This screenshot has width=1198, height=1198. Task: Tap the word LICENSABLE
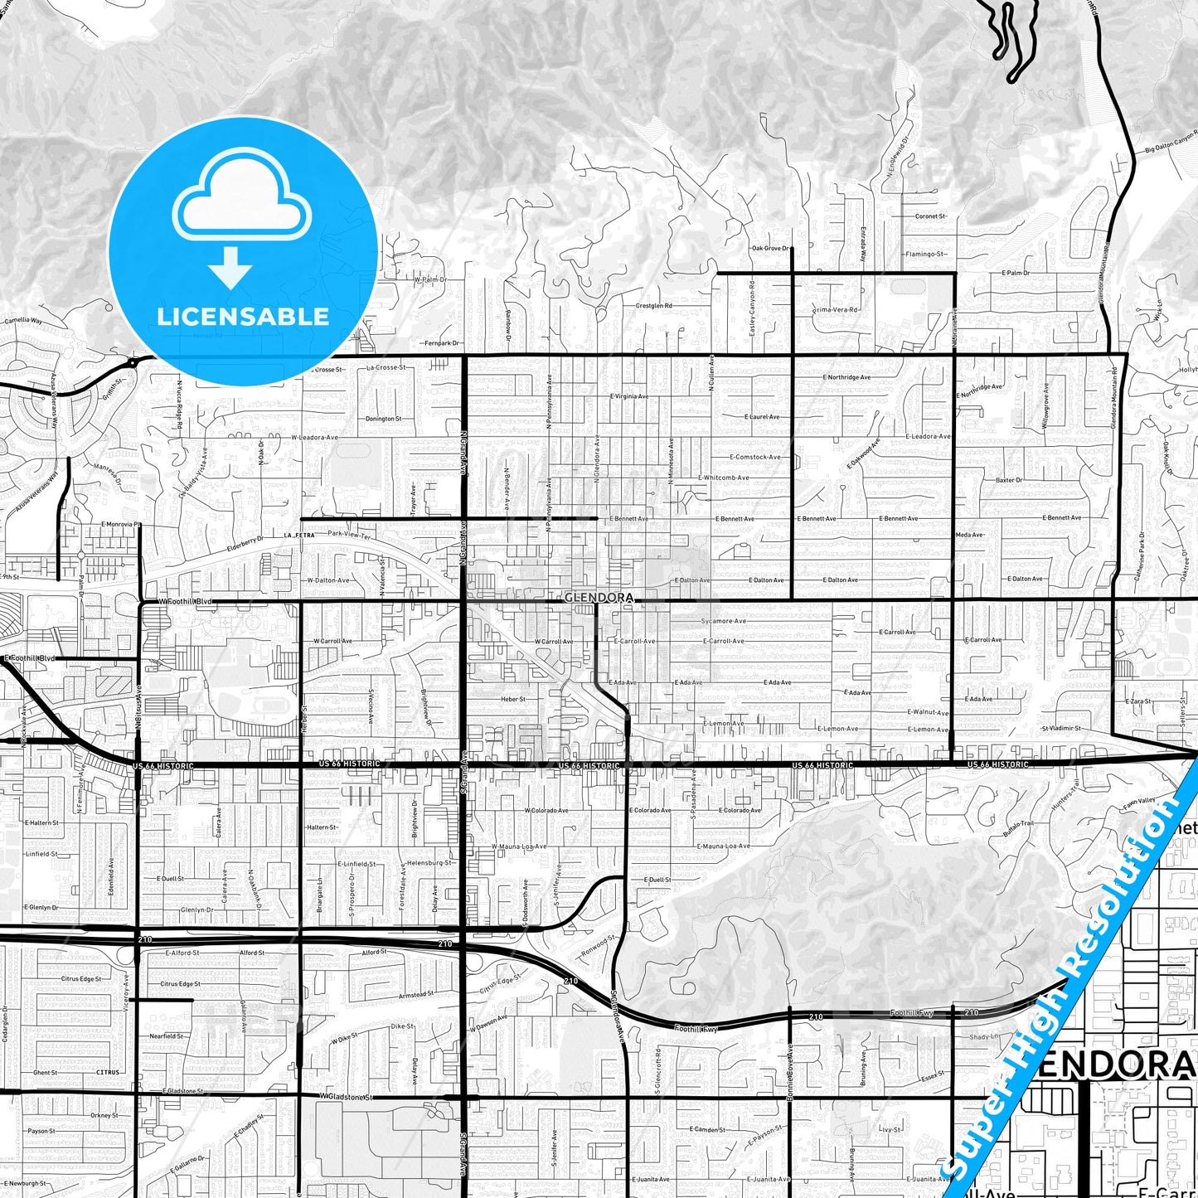click(x=243, y=316)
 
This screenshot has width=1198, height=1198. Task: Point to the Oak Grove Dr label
click(x=769, y=248)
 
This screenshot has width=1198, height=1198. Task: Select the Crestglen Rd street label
click(x=653, y=306)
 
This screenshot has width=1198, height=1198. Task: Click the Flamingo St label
click(x=925, y=255)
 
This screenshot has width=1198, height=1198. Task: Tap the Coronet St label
click(x=930, y=216)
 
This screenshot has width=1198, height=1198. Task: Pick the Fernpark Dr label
click(x=442, y=343)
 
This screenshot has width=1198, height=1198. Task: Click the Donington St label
click(x=383, y=419)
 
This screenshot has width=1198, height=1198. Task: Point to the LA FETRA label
click(x=299, y=536)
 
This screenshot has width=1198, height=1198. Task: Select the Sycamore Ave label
click(x=723, y=621)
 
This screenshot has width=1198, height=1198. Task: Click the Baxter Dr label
click(x=1008, y=480)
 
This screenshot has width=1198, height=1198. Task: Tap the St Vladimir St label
click(x=1061, y=729)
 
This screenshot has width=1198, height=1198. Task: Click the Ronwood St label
click(x=599, y=947)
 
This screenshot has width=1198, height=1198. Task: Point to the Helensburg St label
click(x=429, y=862)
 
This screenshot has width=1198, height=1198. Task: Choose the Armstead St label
click(x=416, y=995)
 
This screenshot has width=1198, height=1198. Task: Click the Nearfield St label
click(x=167, y=1036)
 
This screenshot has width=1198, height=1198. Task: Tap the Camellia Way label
click(x=23, y=320)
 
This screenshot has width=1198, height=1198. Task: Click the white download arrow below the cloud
click(x=230, y=266)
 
